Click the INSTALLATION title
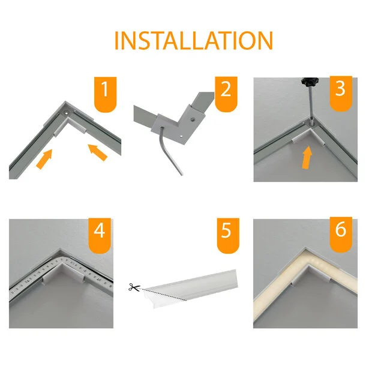pyautogui.click(x=193, y=40)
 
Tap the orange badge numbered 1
pyautogui.click(x=106, y=93)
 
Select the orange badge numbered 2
pyautogui.click(x=226, y=93)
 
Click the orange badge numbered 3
pyautogui.click(x=340, y=93)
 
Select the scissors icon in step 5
pyautogui.click(x=133, y=287)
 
